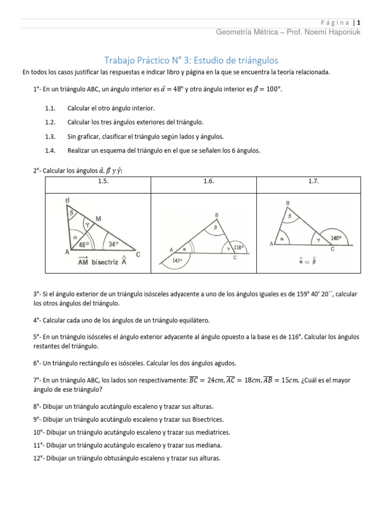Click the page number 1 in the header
(359, 22)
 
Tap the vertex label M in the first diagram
(98, 219)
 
